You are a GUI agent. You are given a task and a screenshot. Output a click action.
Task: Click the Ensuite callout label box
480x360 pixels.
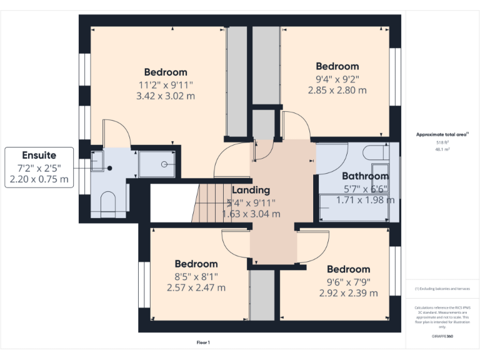click(39, 167)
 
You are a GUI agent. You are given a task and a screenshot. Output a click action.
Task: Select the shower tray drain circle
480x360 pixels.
click(164, 164)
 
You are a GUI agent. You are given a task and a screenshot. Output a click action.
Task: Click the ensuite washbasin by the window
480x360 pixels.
click(97, 162)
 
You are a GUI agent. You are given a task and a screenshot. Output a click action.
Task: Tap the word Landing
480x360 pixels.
click(251, 190)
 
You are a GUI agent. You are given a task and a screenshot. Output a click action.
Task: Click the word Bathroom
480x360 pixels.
click(365, 176)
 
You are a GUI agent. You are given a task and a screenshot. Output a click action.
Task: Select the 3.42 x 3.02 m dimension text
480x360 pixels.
click(165, 96)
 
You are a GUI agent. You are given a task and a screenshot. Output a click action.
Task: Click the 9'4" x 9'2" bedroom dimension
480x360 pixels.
click(337, 79)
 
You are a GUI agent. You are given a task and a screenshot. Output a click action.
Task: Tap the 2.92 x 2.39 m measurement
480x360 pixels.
click(348, 292)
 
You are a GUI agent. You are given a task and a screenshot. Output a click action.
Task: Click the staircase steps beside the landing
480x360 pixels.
click(209, 202)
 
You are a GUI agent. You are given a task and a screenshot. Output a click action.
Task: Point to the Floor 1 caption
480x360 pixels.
click(203, 342)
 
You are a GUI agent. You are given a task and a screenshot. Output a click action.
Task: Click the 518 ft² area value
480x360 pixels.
click(442, 142)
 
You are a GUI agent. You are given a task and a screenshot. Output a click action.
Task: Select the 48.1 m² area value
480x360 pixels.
click(442, 149)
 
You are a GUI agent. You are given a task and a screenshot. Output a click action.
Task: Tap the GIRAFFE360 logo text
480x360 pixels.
click(442, 336)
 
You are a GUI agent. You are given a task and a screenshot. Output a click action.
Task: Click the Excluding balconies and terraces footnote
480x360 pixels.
click(442, 289)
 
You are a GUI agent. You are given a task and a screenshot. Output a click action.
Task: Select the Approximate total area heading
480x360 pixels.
click(442, 134)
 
